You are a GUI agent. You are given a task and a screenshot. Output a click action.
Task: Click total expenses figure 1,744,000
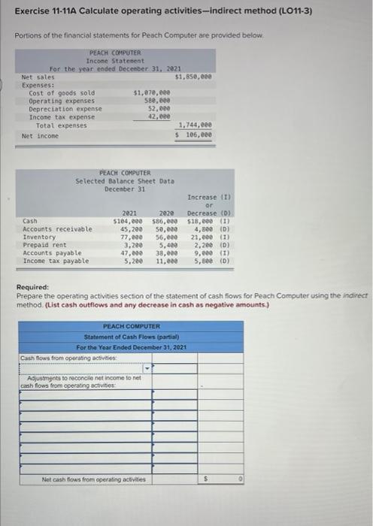click(x=194, y=125)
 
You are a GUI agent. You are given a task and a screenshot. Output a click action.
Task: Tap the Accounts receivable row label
click(x=58, y=228)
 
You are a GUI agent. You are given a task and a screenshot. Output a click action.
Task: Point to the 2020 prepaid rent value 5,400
click(x=166, y=245)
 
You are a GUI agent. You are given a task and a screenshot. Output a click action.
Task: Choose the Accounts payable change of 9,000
click(x=205, y=253)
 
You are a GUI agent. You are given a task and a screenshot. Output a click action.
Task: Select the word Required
click(x=32, y=288)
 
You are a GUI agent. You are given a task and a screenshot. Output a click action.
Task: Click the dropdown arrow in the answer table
click(x=148, y=368)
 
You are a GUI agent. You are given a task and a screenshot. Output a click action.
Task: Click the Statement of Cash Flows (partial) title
click(x=132, y=337)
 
